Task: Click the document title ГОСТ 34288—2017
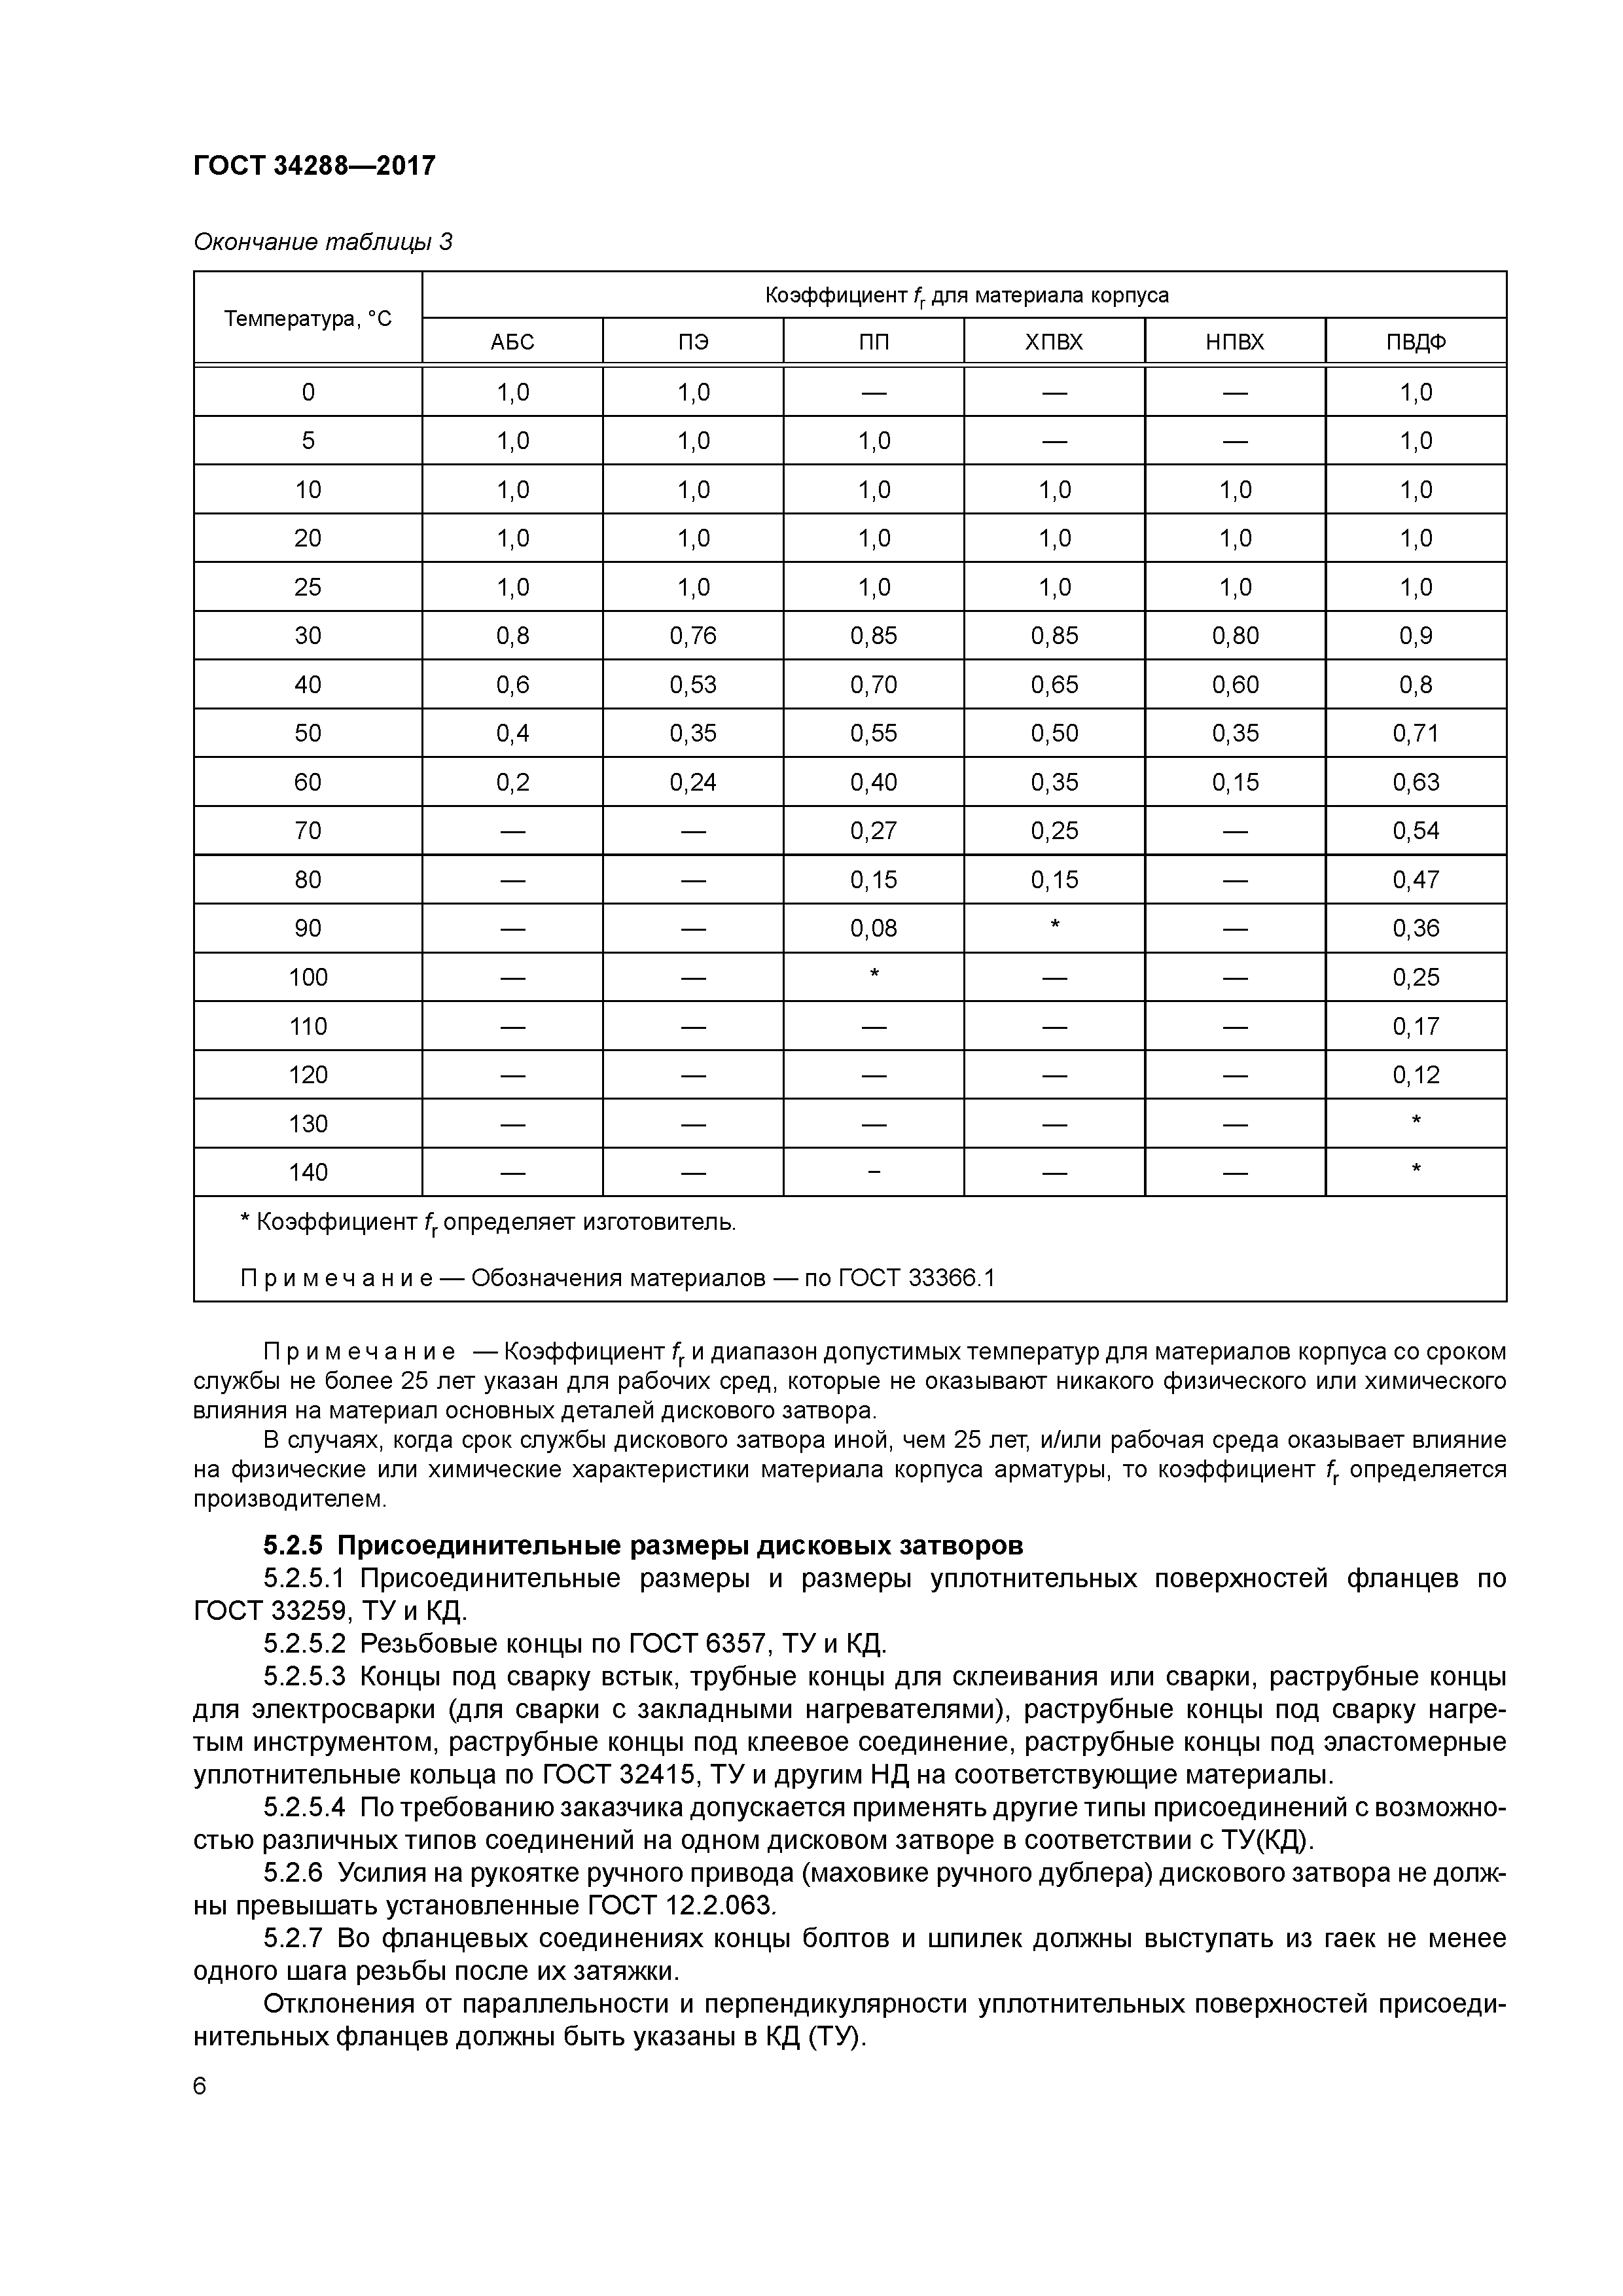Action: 314,165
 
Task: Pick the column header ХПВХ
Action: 1054,342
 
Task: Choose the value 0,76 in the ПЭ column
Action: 693,636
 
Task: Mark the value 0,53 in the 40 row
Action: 693,685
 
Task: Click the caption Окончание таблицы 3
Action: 322,242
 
